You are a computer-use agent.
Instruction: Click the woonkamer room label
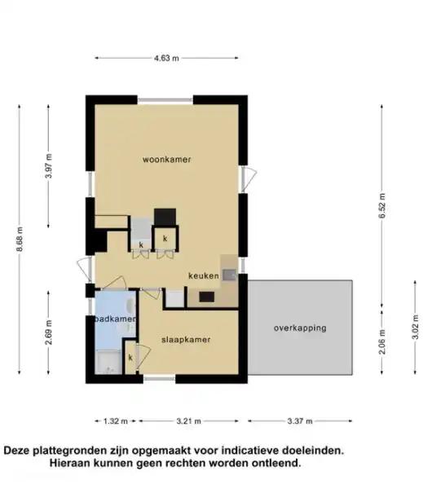tap(167, 160)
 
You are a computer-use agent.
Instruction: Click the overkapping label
tap(300, 328)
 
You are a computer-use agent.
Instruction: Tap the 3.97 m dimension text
tap(50, 165)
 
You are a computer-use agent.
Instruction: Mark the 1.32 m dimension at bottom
tap(116, 422)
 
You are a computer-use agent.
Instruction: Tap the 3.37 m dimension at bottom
tap(301, 422)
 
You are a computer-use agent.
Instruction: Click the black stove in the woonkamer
tap(165, 217)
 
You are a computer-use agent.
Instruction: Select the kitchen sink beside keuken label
tap(230, 275)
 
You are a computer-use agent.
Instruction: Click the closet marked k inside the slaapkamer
tap(130, 357)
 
